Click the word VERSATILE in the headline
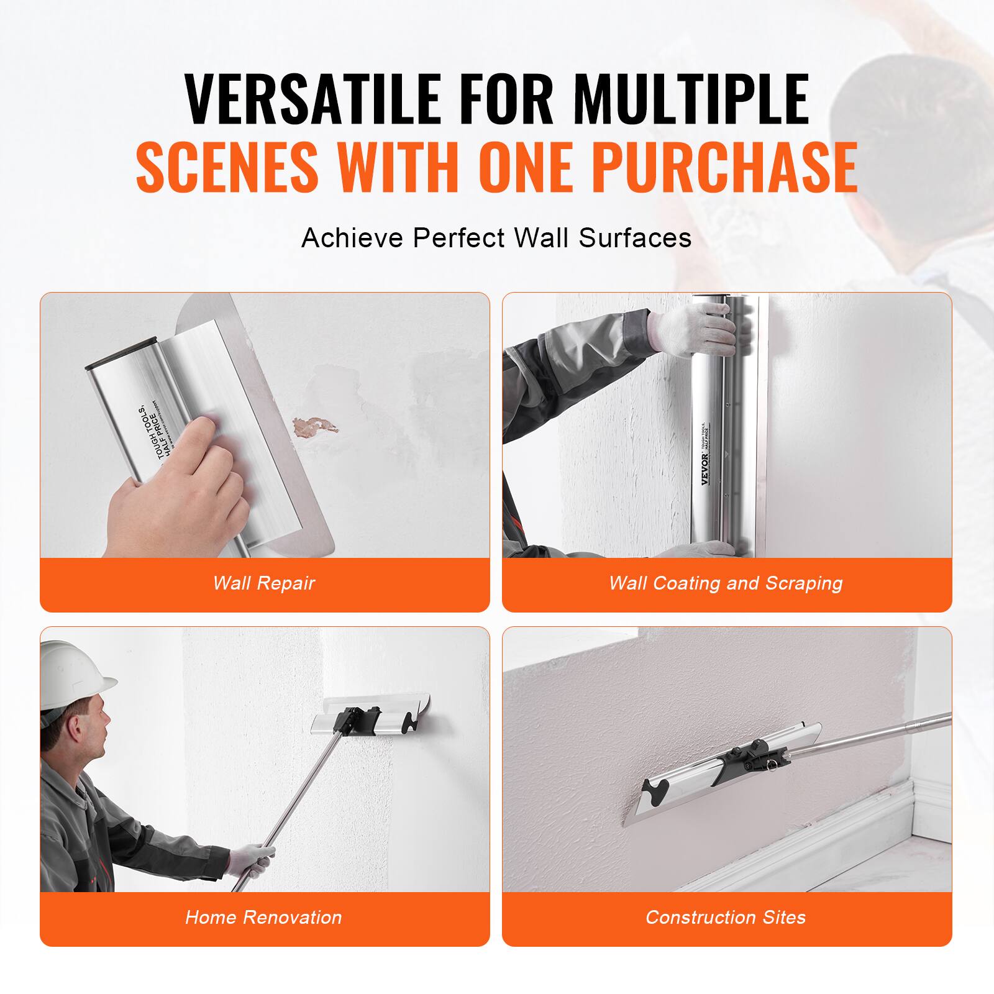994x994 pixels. coord(313,99)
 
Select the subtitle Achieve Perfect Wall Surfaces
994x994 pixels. coord(496,238)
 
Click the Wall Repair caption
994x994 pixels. coord(264,583)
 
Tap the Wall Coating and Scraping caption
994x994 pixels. coord(726,583)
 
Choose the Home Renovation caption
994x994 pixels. coord(264,918)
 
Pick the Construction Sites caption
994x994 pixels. coord(726,918)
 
